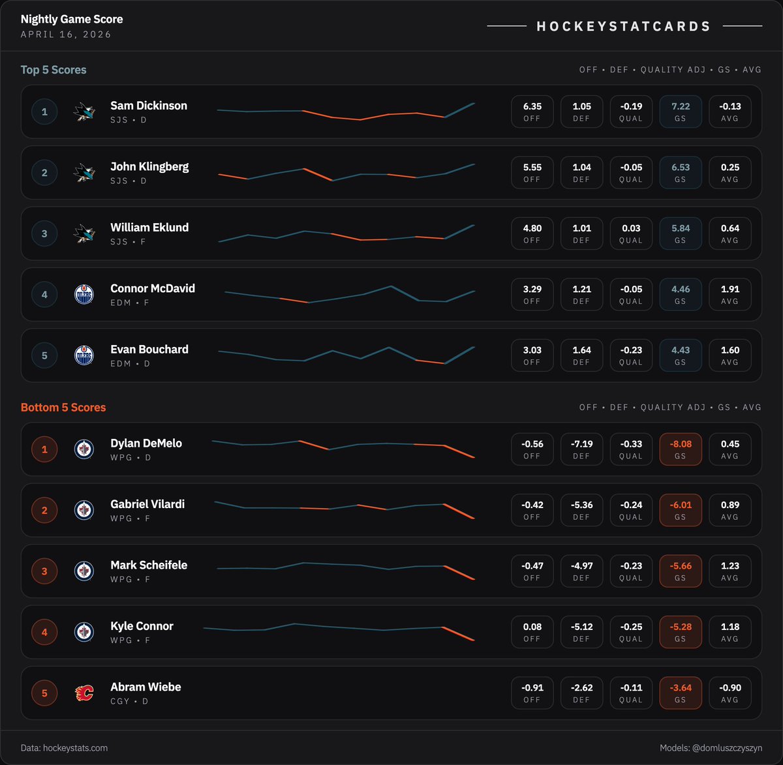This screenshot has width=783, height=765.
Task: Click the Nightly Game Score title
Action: (x=72, y=20)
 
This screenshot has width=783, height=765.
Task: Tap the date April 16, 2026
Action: (x=66, y=35)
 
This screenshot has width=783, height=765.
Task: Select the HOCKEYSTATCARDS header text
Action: (x=624, y=27)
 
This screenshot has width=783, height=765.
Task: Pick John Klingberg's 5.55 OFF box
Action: (x=532, y=173)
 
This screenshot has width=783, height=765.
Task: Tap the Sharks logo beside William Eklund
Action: (x=84, y=233)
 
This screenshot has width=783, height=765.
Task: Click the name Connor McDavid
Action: (x=153, y=288)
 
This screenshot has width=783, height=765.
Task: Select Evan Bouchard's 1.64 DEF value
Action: (x=581, y=350)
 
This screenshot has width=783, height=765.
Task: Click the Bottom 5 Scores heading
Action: (x=63, y=408)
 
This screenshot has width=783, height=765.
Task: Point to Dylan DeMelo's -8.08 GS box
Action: (x=681, y=449)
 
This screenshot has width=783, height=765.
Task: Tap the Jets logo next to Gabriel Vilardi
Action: (x=84, y=510)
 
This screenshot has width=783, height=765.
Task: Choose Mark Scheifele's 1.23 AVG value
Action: (x=730, y=566)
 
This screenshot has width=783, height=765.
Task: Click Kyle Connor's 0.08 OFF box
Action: (x=532, y=632)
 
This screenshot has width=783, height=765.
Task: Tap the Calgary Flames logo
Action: (x=84, y=693)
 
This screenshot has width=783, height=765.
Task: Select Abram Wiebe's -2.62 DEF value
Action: (x=581, y=688)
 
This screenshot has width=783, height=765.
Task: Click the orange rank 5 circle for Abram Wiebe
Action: (x=44, y=693)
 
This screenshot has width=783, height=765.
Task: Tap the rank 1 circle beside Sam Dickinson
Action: (x=44, y=112)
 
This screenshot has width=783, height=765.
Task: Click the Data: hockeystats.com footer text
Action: (x=64, y=748)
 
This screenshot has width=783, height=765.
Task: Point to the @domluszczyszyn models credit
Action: (x=711, y=748)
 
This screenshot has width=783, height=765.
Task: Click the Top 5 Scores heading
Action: (x=54, y=70)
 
